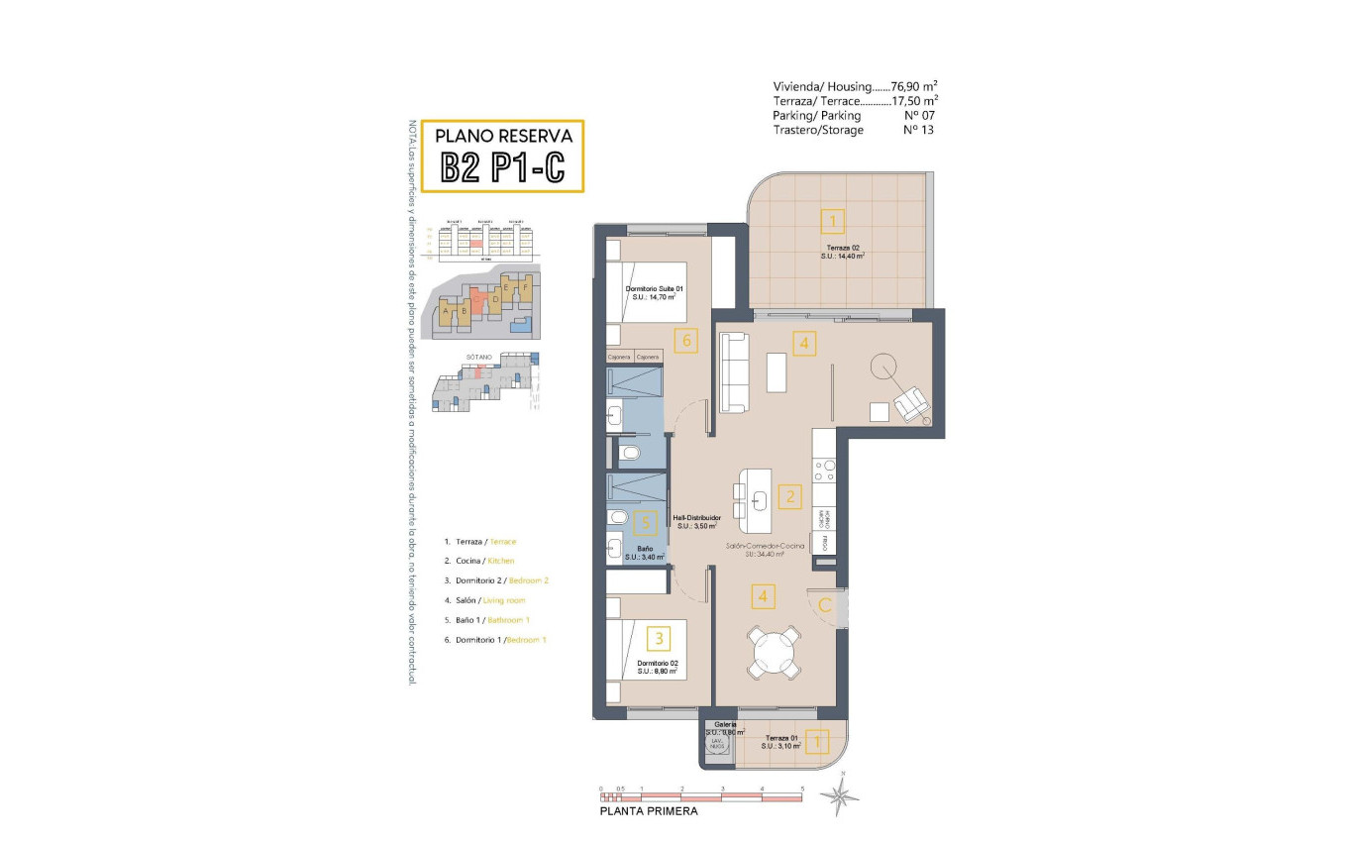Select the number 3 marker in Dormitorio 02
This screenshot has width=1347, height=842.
click(x=657, y=638)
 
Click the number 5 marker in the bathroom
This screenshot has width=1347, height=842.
click(x=645, y=522)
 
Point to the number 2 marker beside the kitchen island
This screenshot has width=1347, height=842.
click(x=788, y=497)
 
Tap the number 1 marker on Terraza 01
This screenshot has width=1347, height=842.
click(x=817, y=740)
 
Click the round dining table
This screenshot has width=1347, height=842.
click(x=776, y=652)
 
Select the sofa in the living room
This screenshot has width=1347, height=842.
click(x=734, y=372)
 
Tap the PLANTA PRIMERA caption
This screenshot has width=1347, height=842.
click(x=649, y=811)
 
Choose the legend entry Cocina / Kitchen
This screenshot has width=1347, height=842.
click(x=479, y=561)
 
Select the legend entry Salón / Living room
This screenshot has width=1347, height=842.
click(x=484, y=600)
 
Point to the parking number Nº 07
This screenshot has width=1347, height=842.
click(x=919, y=115)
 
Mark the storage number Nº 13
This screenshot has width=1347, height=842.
click(x=919, y=130)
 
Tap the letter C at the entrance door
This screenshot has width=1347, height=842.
click(x=824, y=605)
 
